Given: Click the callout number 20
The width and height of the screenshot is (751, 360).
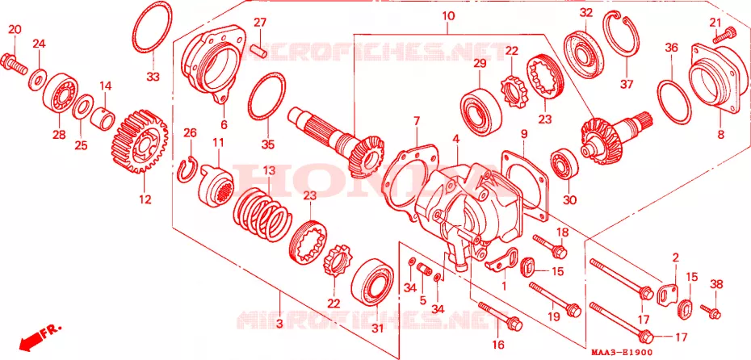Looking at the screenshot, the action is pyautogui.click(x=15, y=29).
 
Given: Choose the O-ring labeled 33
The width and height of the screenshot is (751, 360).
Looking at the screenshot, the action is pyautogui.click(x=151, y=27).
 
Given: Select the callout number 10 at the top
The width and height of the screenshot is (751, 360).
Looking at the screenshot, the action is pyautogui.click(x=448, y=16).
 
